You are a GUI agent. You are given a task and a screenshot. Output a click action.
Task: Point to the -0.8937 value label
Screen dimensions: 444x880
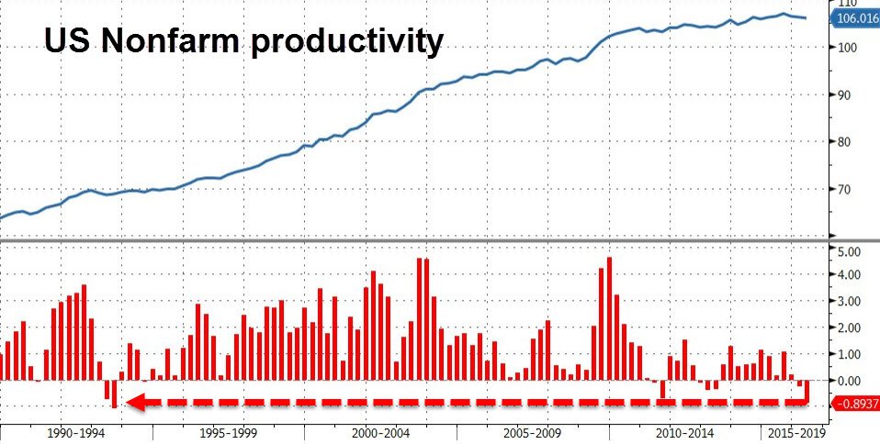coord(853,404)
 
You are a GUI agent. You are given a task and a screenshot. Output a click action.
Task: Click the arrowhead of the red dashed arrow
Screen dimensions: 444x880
coord(134,402)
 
